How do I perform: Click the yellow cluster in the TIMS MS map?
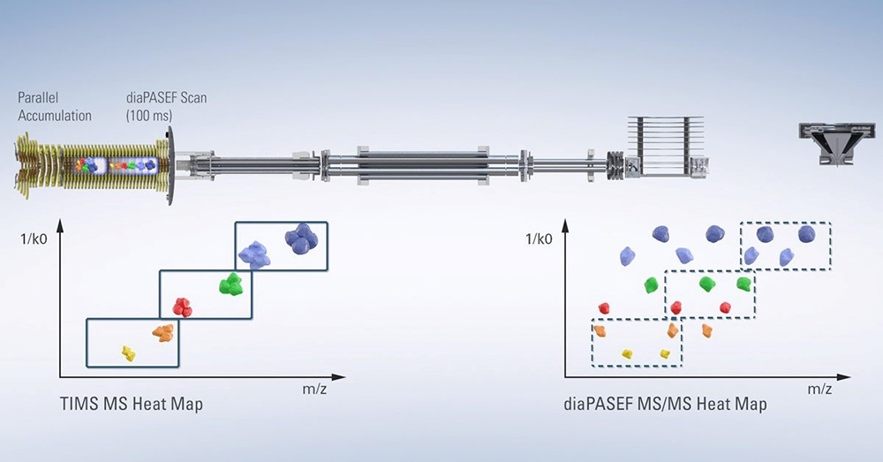[x=129, y=353]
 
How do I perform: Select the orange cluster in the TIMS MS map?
[x=162, y=333]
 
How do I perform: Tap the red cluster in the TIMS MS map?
[x=182, y=307]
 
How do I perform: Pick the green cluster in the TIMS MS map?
[x=231, y=284]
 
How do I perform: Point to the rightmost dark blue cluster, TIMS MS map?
[x=301, y=239]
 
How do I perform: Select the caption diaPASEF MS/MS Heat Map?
[x=665, y=405]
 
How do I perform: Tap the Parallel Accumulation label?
[x=55, y=107]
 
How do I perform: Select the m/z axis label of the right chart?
[x=819, y=389]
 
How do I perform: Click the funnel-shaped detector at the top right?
[x=829, y=142]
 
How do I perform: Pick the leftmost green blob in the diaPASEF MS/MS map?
[x=652, y=284]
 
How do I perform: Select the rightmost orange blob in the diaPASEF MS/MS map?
[x=706, y=330]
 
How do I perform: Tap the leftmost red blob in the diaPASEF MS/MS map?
[x=605, y=307]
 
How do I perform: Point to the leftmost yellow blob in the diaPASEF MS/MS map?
[x=628, y=354]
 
